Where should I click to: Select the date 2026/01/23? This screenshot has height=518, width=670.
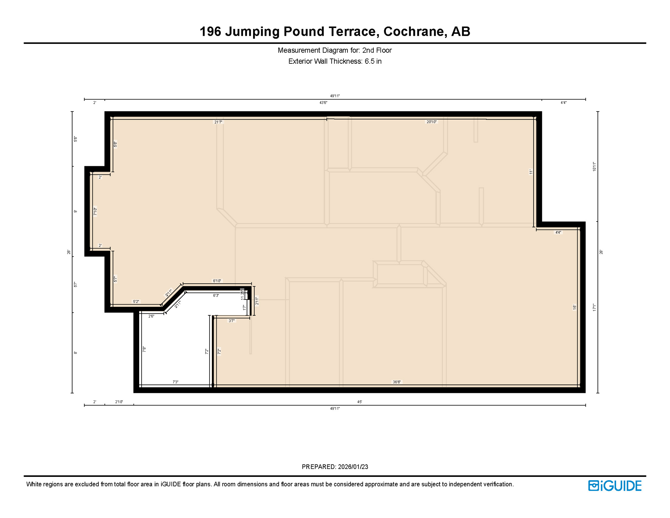point(353,467)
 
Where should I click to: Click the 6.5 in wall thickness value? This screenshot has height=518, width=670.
point(373,61)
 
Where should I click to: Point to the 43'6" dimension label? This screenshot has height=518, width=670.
point(323,103)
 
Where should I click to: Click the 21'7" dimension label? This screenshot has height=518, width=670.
point(218,122)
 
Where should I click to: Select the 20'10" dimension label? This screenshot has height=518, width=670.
point(431,122)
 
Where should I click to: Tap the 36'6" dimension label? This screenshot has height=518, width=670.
point(397,382)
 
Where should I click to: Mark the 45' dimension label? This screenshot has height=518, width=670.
point(360,402)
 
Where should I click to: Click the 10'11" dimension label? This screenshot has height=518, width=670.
point(595,167)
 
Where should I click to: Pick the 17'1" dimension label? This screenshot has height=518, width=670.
point(595,307)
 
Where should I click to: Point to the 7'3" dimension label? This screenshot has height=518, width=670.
point(176,382)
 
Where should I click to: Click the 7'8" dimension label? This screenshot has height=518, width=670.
point(144,349)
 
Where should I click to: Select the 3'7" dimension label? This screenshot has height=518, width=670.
point(232,321)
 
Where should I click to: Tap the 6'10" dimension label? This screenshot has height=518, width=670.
point(217,281)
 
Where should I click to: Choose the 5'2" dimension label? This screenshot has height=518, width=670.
point(136,301)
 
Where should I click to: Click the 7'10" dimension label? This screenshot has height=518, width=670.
point(95,211)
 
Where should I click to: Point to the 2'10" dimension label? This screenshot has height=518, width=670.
point(119,402)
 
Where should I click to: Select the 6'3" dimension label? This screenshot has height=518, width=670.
point(216,295)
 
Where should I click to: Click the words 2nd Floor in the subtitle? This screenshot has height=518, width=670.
point(377,50)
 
